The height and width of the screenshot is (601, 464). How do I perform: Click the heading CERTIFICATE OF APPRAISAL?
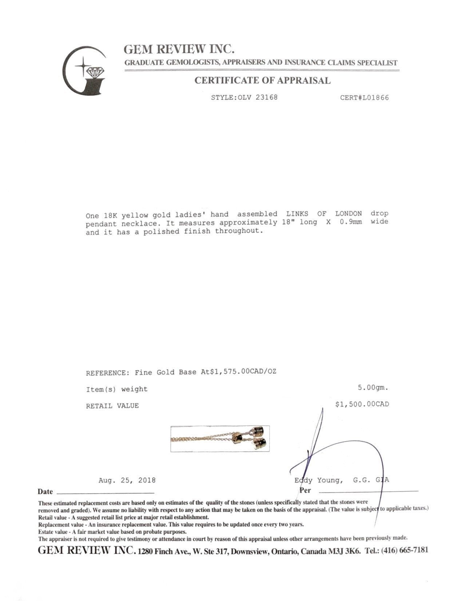pyautogui.click(x=262, y=80)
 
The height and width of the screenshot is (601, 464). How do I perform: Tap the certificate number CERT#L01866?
pyautogui.click(x=364, y=98)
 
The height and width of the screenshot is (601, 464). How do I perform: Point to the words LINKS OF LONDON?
pyautogui.click(x=324, y=214)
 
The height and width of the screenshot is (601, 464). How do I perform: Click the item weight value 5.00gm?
pyautogui.click(x=373, y=388)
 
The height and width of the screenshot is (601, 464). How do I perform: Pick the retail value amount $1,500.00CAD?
pyautogui.click(x=362, y=404)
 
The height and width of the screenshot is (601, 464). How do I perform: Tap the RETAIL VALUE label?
pyautogui.click(x=112, y=406)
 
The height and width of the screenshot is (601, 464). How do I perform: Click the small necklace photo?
pyautogui.click(x=220, y=439)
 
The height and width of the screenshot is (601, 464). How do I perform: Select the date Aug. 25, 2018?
pyautogui.click(x=127, y=480)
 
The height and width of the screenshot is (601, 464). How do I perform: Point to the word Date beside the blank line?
pyautogui.click(x=45, y=492)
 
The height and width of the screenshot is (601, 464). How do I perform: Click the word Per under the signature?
pyautogui.click(x=305, y=490)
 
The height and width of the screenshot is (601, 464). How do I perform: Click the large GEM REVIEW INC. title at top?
pyautogui.click(x=179, y=49)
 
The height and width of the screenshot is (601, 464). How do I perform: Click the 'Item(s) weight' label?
pyautogui.click(x=116, y=389)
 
